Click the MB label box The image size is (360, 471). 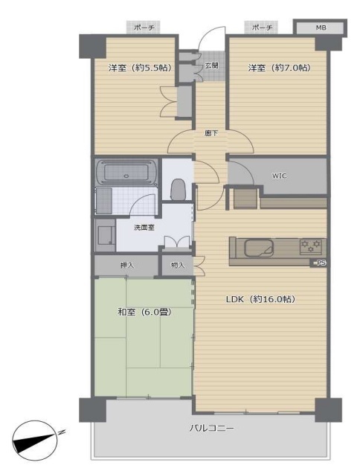pos(321,28)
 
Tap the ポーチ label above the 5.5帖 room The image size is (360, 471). pos(144,28)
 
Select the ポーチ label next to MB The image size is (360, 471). pos(262,28)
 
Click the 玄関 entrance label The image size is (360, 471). pos(212,65)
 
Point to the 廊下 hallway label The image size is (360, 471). pos(211,133)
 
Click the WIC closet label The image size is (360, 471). pos(279,176)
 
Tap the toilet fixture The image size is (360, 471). pos(178,190)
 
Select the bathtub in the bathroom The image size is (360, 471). pos(126,172)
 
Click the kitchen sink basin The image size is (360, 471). pos(259,249)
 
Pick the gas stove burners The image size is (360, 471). pos(311,246)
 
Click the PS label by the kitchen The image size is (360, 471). pos(321,263)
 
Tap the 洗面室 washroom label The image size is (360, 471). pos(144,228)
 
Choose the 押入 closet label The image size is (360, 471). pos(127,265)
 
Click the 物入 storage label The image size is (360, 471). pos(178,265)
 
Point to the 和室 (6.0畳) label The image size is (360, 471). pos(144,313)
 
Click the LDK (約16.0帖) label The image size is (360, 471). pos(260,299)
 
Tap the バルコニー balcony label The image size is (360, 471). pos(211,428)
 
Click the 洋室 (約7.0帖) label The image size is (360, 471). pos(279,68)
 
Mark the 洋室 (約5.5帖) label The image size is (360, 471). pos(140,68)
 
